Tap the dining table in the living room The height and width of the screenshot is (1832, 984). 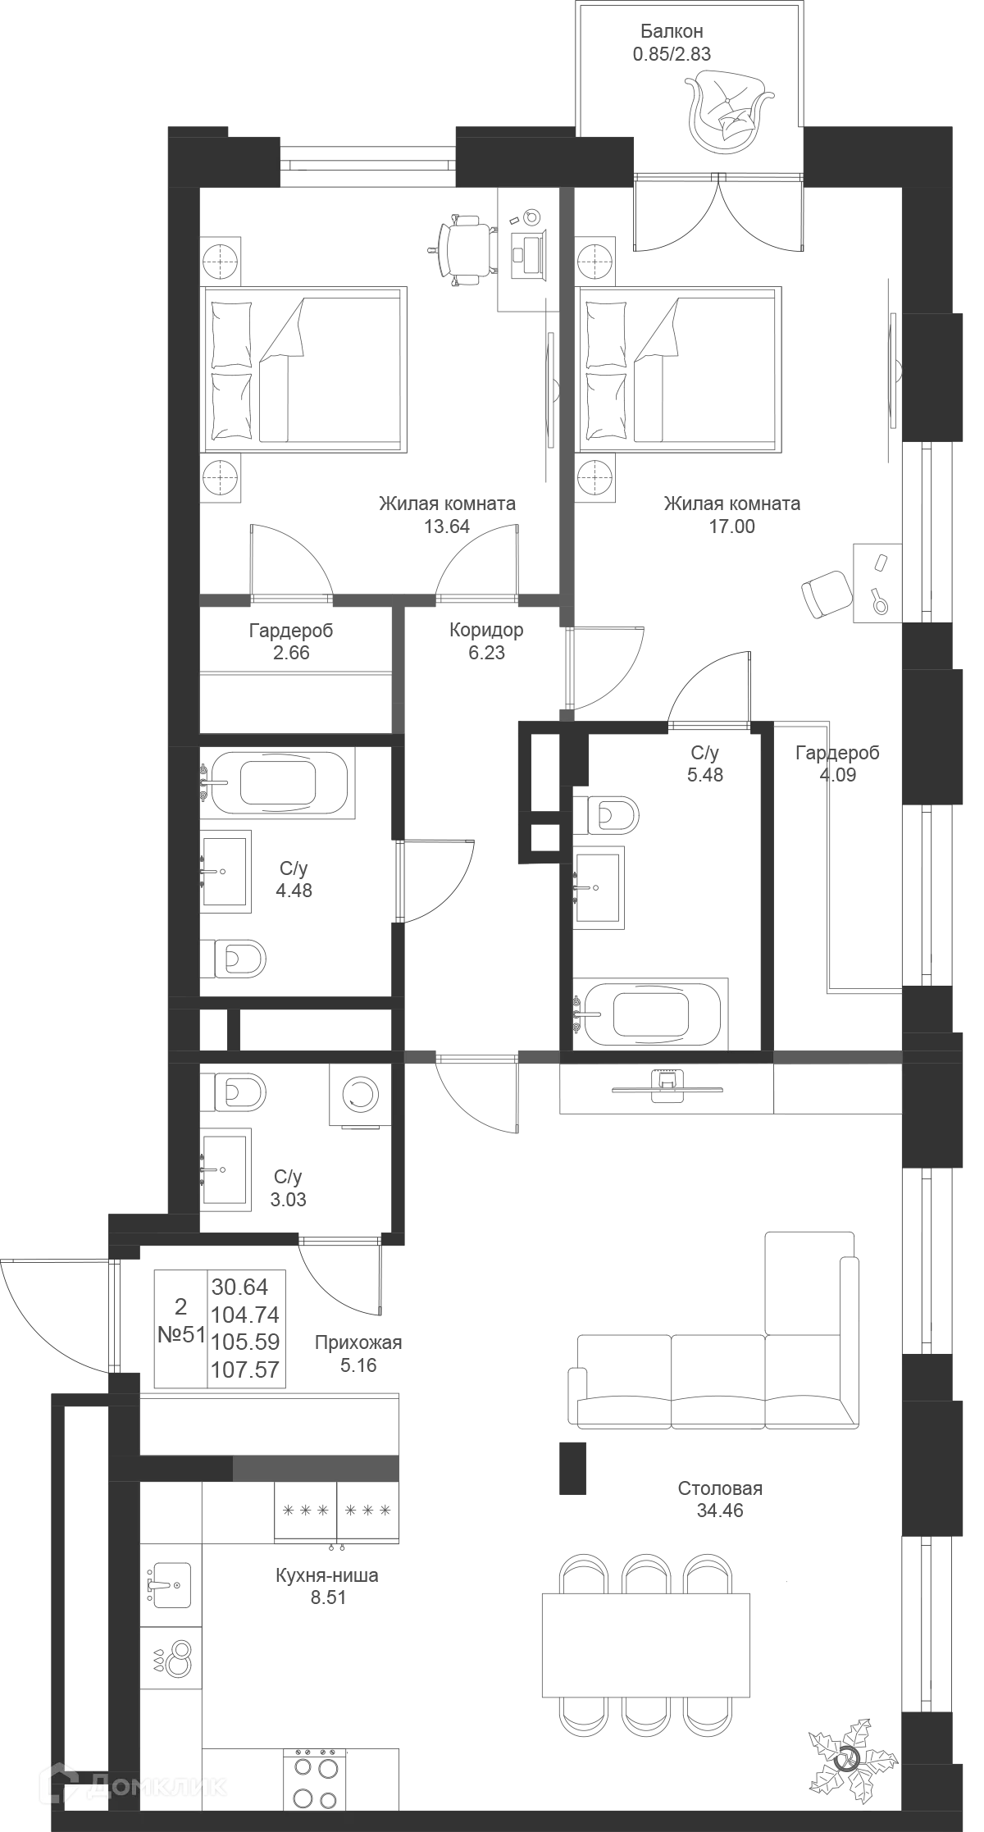(x=645, y=1643)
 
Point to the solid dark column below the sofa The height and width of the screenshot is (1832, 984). (x=573, y=1465)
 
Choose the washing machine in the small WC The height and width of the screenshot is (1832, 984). (x=358, y=1096)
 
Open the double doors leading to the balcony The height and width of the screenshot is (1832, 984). (x=717, y=220)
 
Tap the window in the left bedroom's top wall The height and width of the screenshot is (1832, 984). (x=367, y=162)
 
